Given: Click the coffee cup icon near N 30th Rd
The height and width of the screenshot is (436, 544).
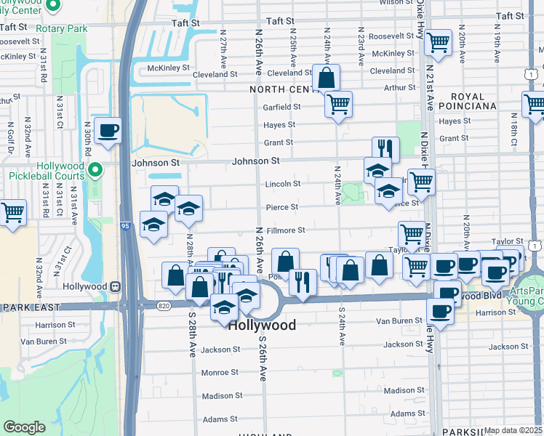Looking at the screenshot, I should click(x=108, y=131).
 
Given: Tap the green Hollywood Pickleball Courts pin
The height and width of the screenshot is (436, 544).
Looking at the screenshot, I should click(x=93, y=171).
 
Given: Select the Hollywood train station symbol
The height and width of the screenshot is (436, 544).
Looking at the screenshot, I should click(x=114, y=286).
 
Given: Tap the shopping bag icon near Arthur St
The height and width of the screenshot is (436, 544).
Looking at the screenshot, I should click(x=327, y=77).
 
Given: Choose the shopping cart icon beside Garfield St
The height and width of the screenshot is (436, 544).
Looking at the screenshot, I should click(x=338, y=105).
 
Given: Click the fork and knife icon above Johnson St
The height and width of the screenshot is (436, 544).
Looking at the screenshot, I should click(x=385, y=150).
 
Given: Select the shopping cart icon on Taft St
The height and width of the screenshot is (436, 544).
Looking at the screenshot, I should click(x=438, y=43).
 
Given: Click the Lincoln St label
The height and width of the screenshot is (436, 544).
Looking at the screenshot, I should click(x=282, y=184).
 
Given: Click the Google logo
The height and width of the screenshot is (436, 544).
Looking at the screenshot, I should click(x=24, y=427).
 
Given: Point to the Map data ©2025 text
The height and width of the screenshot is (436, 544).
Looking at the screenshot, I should click(x=513, y=430).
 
